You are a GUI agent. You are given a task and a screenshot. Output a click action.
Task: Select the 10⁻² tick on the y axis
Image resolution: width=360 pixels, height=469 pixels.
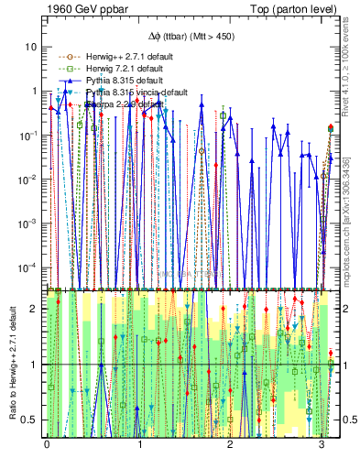29,179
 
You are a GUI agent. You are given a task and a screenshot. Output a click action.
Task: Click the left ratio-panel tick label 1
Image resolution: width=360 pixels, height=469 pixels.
35,365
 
